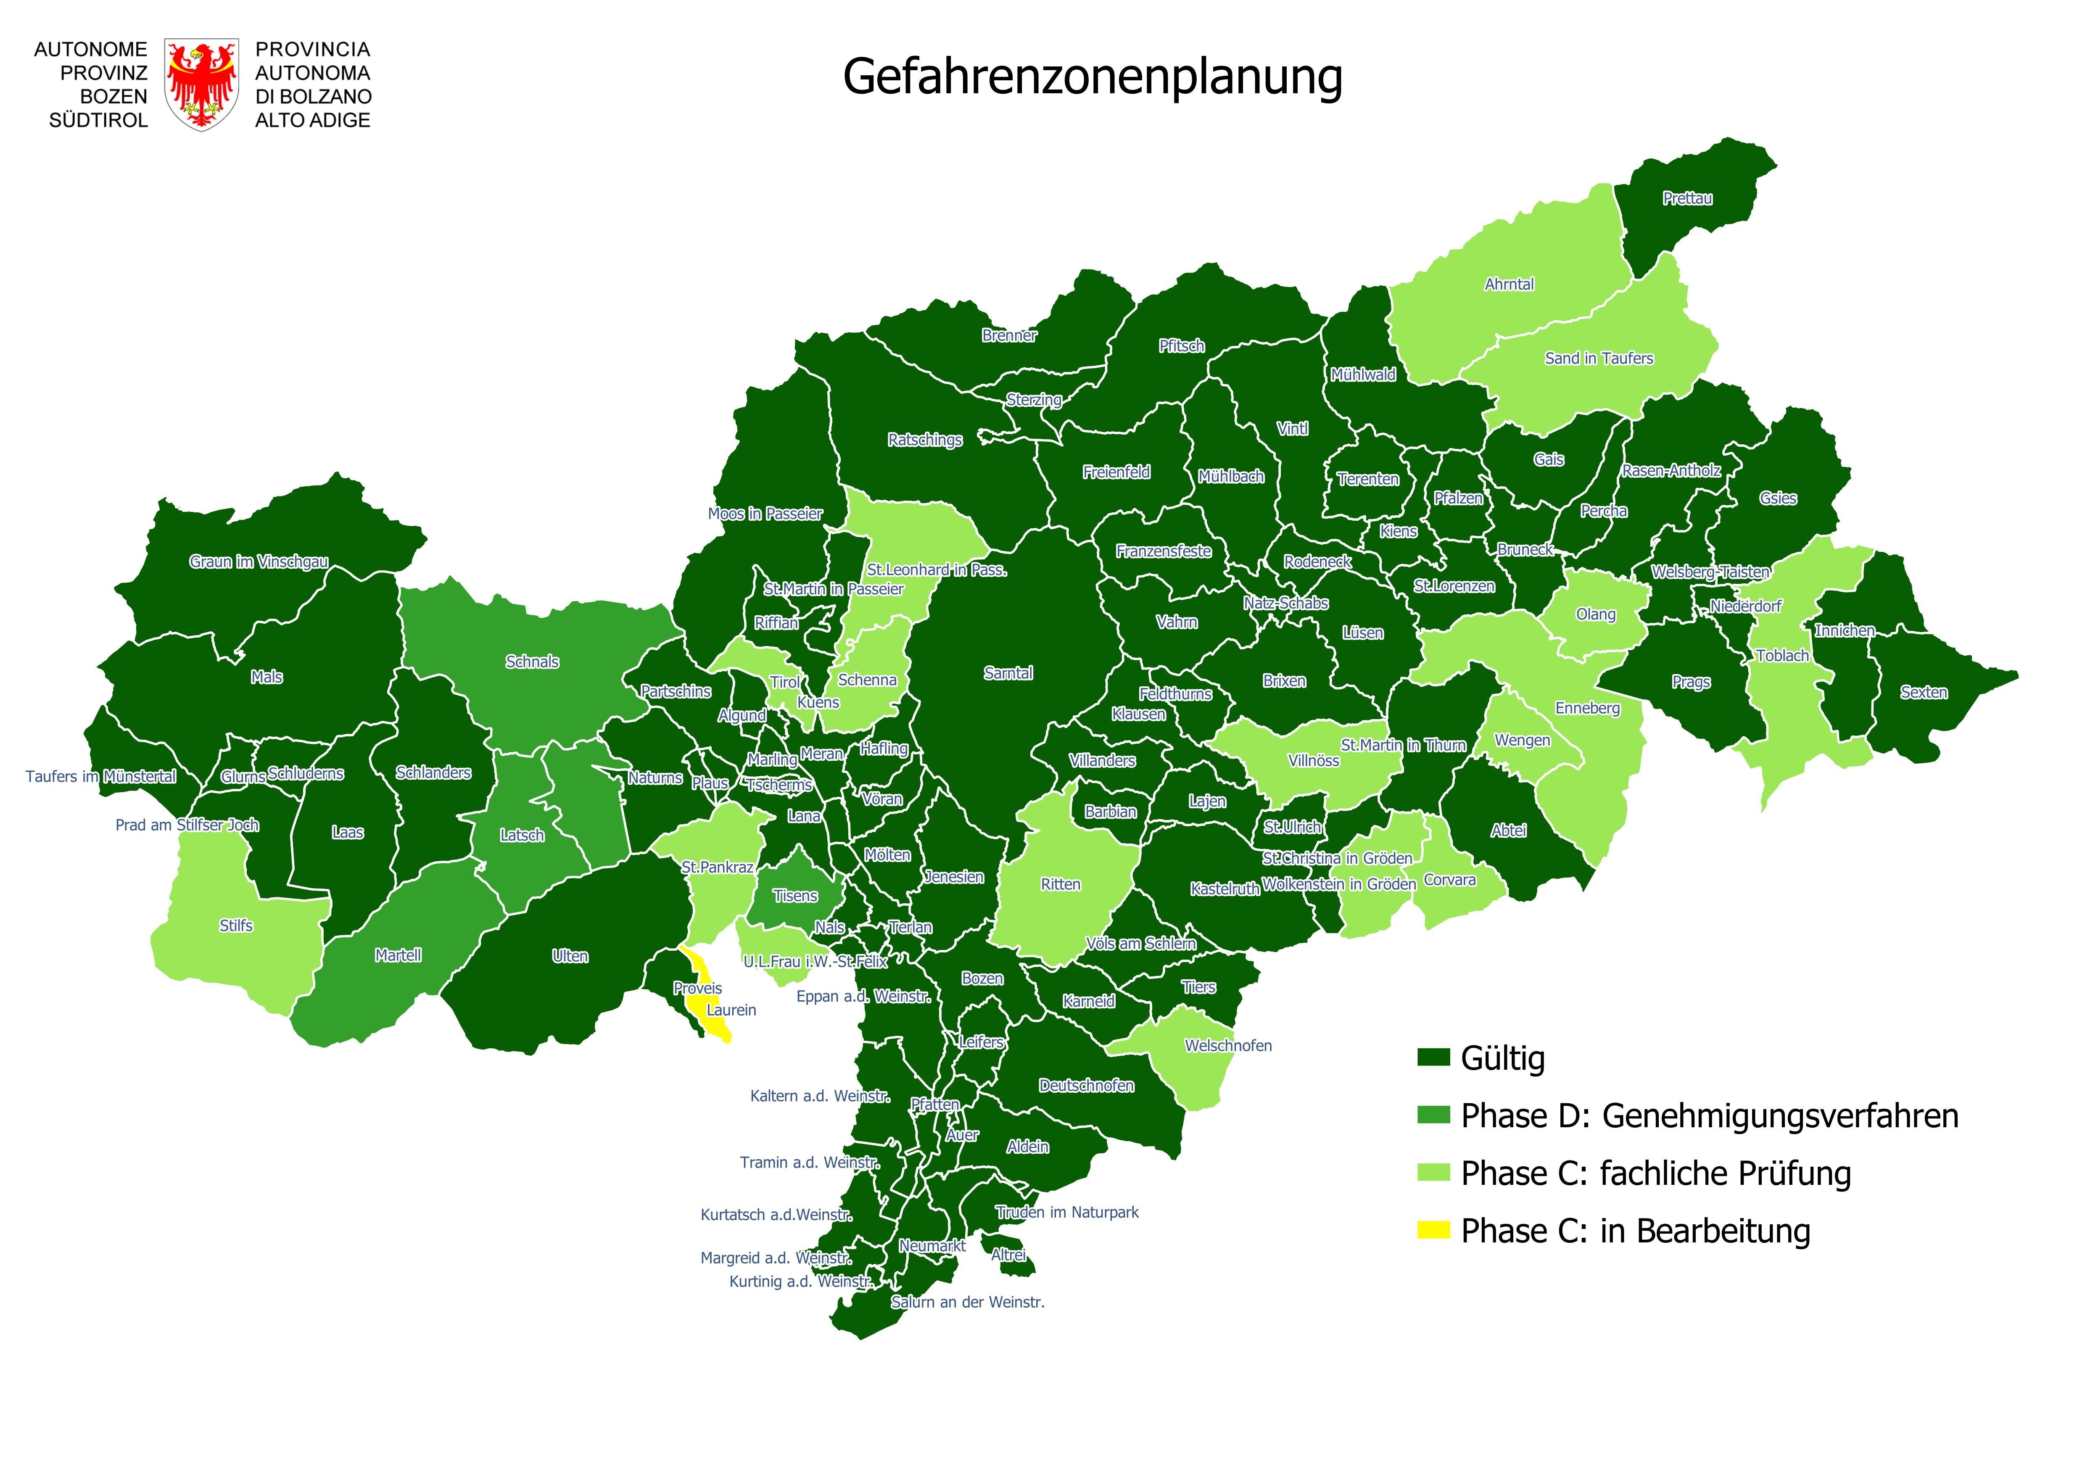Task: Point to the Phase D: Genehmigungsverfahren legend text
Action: pos(1709,1115)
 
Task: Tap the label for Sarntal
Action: pos(1008,673)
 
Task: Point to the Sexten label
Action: pos(1923,692)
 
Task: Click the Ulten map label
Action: pos(570,956)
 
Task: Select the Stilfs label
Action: pos(236,926)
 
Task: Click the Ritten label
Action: pos(1061,883)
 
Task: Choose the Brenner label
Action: pos(1009,335)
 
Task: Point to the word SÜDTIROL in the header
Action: pos(98,120)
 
